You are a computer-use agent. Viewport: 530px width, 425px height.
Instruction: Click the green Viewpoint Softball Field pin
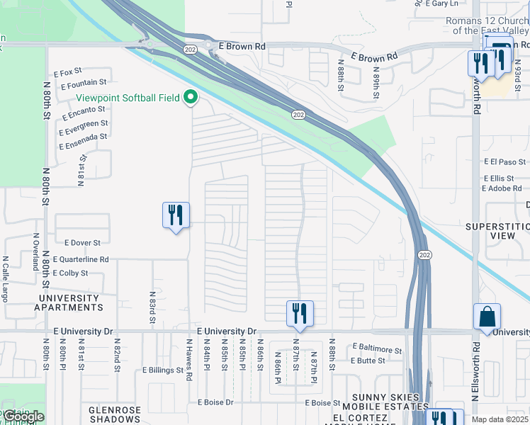(x=190, y=98)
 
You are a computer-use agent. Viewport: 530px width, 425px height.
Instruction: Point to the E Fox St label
(x=67, y=72)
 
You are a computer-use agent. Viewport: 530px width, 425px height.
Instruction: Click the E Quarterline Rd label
(x=81, y=260)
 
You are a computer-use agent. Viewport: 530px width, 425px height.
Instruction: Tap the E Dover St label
(x=82, y=243)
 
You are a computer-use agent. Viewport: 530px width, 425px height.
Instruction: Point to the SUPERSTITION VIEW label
(x=497, y=231)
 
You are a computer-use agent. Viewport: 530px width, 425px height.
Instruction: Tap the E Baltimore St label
(x=377, y=348)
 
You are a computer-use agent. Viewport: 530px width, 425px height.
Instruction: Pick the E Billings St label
(x=163, y=370)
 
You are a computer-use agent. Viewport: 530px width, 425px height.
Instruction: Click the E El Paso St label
(x=502, y=162)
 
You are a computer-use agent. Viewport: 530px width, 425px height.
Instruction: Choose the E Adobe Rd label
(x=501, y=188)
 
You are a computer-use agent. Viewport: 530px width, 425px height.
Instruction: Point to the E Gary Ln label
(x=444, y=4)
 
